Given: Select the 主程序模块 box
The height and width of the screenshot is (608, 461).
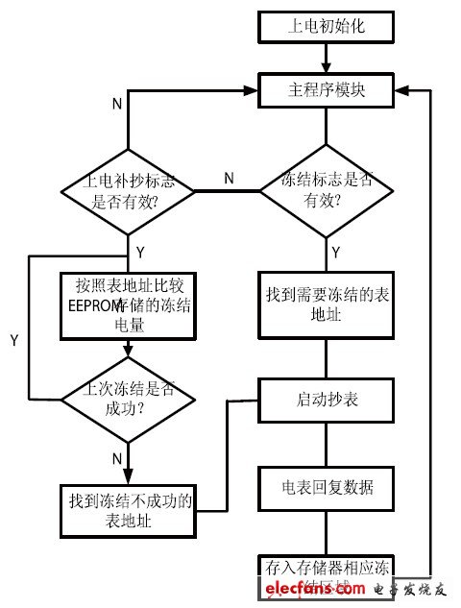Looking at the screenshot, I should point(327,90).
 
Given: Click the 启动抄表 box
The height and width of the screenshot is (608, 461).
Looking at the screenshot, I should point(327,398).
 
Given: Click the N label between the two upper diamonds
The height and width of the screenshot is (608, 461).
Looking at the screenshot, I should point(229,178).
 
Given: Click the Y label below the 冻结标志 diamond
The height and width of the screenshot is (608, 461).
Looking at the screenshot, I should point(336,253).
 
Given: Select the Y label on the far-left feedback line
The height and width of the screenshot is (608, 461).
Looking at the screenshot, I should point(14,340).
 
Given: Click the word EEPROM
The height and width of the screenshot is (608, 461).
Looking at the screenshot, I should point(90,304).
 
